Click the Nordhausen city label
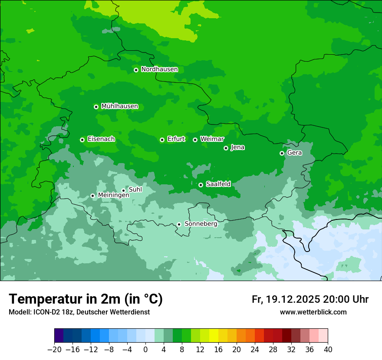coord(159,69)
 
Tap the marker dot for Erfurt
coord(162,140)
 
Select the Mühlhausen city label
coord(119,106)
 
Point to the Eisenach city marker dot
coord(82,140)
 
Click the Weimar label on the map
coord(212,139)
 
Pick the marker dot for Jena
coord(226,148)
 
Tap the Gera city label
coord(294,153)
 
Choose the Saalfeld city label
coord(218,184)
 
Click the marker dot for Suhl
coord(123,190)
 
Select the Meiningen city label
coord(113,196)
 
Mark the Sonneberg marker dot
coord(179,224)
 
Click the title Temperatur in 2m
coord(86,299)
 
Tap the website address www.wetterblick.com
coord(313,312)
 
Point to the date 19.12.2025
coord(293,299)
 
